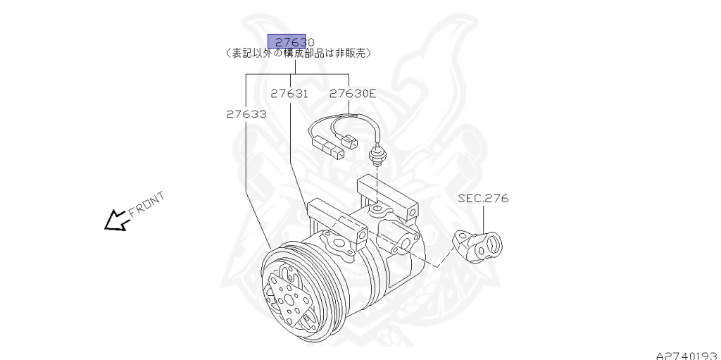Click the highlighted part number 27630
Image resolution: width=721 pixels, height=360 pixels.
tap(290, 41)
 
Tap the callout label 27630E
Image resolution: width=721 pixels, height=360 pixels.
tap(352, 93)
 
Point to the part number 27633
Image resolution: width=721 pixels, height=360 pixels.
tap(246, 113)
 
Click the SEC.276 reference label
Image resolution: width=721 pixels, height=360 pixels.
tap(483, 199)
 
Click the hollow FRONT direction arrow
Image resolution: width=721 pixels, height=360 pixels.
tap(113, 221)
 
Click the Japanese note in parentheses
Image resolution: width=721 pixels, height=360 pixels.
tap(299, 53)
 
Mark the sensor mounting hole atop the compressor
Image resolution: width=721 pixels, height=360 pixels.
tap(377, 209)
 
